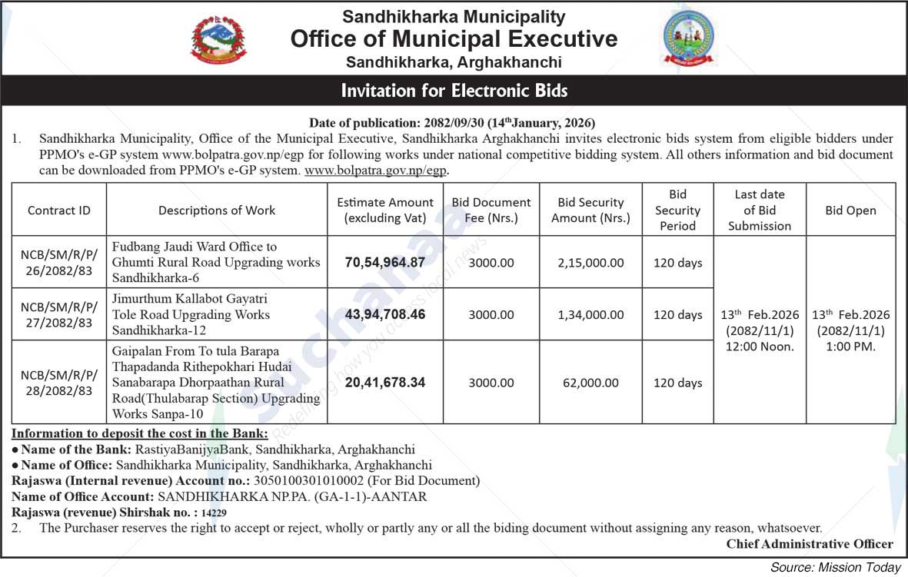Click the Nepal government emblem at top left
point(218,39)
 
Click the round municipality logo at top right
point(689,38)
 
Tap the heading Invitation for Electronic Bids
point(454,91)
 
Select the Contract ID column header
point(59,210)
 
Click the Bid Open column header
point(850,210)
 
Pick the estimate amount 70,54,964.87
point(385,262)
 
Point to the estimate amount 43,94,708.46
point(385,314)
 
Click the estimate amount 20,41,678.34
point(385,382)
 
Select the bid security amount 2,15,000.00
point(590,263)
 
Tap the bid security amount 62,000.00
point(590,383)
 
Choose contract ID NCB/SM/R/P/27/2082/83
point(59,314)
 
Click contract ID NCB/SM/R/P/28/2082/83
point(59,383)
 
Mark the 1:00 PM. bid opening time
point(850,347)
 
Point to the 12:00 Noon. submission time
point(760,347)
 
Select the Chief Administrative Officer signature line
point(810,544)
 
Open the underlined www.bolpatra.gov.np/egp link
point(376,171)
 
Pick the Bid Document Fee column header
point(491,210)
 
